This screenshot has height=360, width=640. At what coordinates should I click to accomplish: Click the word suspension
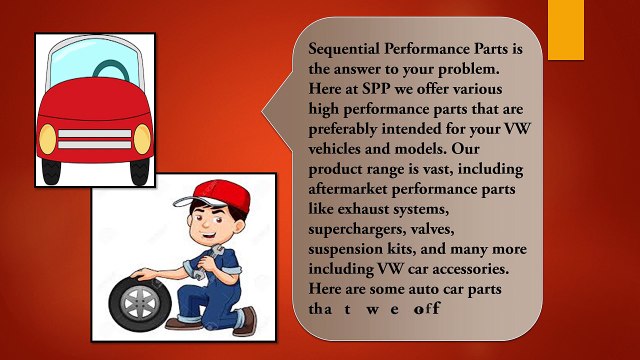point(352,246)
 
